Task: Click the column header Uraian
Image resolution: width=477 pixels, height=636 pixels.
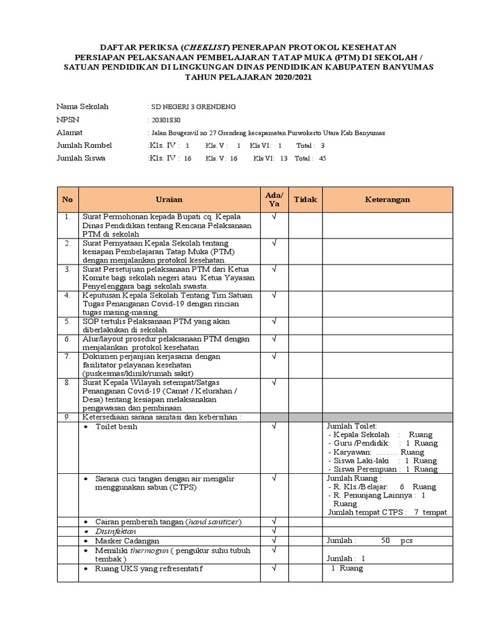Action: click(x=169, y=199)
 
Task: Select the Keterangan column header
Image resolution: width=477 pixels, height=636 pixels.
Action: click(x=387, y=199)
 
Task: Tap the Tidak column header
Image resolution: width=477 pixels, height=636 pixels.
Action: click(x=305, y=199)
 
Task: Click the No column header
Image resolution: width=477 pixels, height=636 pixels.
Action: click(x=67, y=199)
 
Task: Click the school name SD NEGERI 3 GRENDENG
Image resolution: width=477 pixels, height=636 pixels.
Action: click(x=194, y=107)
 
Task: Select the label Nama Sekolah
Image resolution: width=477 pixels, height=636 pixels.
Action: click(x=83, y=107)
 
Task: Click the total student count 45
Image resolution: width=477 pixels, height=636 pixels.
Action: click(x=322, y=158)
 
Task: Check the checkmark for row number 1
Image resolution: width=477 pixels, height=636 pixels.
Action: click(x=274, y=217)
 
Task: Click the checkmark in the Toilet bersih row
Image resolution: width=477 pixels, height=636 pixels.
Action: click(x=274, y=427)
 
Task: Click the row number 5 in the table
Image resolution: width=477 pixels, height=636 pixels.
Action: click(x=67, y=322)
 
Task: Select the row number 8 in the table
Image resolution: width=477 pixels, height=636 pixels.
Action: click(x=67, y=383)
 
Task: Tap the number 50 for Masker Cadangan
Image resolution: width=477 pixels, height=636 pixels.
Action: click(x=386, y=541)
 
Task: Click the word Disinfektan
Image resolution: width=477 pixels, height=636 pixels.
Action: click(x=115, y=532)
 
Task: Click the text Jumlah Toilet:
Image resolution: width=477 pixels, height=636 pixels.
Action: click(x=352, y=426)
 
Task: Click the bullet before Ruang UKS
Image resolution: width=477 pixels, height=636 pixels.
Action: click(x=86, y=569)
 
